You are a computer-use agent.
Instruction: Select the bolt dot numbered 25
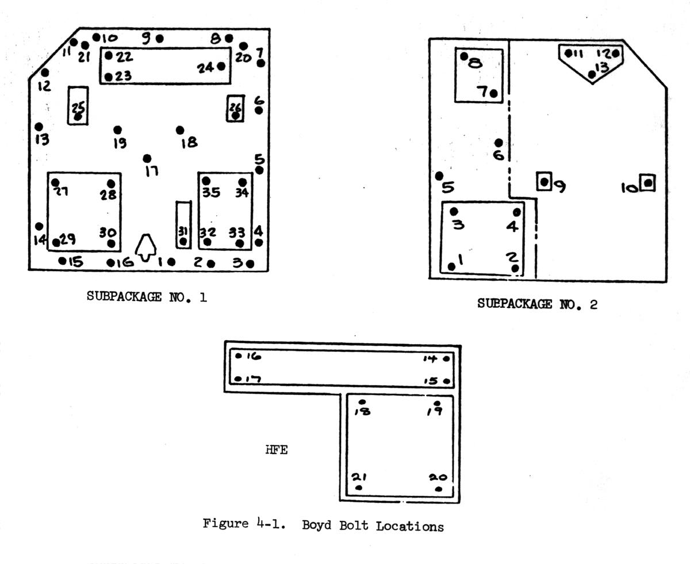(x=78, y=116)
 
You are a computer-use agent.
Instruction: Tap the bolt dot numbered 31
(x=183, y=242)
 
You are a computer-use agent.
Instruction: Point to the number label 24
(x=205, y=68)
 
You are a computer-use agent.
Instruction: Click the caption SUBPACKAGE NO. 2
(x=537, y=304)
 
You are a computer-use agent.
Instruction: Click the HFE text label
(x=276, y=451)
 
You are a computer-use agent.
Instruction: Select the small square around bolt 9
(x=543, y=182)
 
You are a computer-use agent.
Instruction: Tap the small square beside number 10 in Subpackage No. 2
(x=648, y=183)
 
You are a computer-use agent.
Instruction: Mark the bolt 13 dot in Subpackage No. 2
(x=592, y=74)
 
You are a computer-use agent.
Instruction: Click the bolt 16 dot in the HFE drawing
(x=239, y=356)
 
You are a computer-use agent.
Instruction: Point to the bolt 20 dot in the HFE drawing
(x=439, y=489)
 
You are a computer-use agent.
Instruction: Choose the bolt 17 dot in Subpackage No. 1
(x=147, y=158)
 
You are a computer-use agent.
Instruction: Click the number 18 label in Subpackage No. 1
(x=189, y=143)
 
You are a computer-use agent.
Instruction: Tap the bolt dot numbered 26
(x=235, y=116)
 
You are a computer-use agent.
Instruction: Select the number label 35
(x=211, y=193)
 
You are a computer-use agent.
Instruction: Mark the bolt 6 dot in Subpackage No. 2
(x=499, y=143)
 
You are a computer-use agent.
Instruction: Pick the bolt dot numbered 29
(x=56, y=242)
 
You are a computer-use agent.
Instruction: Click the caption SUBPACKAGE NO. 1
(x=147, y=297)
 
